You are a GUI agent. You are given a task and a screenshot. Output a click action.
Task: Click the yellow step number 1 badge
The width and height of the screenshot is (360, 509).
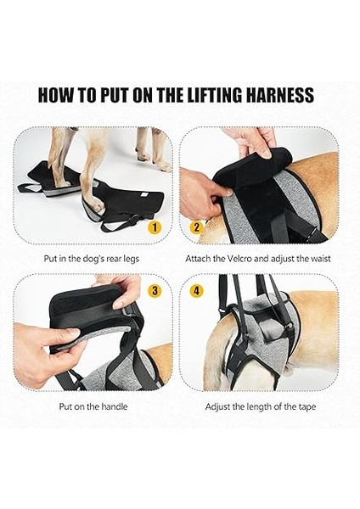(155, 227)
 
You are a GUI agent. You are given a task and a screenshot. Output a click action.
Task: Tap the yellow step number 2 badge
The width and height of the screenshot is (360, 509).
(196, 227)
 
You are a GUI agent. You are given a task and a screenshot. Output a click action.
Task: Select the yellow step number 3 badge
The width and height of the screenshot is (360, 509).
(155, 290)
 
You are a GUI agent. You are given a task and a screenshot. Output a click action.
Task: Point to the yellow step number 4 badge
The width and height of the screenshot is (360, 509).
(196, 290)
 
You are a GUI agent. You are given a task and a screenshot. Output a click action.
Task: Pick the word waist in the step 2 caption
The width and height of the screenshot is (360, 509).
(321, 259)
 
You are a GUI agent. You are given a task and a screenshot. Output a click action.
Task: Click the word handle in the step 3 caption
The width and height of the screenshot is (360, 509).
(115, 406)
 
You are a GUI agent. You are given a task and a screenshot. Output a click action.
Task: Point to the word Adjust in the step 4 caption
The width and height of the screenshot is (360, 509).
(217, 407)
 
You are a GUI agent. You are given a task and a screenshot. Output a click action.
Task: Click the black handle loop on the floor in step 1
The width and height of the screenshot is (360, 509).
(30, 188)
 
